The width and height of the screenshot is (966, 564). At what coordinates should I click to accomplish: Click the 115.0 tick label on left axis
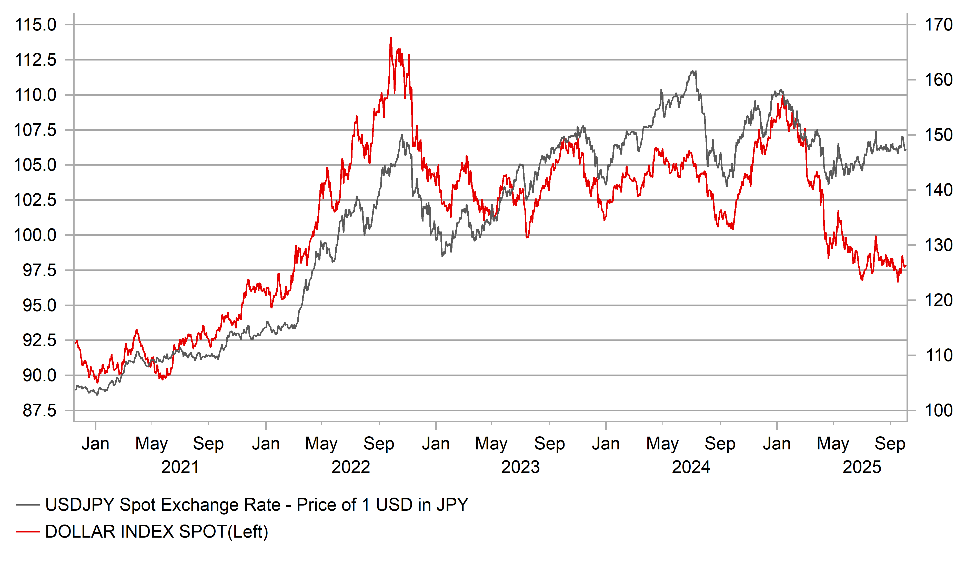click(35, 25)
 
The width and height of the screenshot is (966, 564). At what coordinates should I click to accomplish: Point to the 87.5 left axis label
click(39, 411)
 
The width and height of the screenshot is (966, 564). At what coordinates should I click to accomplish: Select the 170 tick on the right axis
click(938, 25)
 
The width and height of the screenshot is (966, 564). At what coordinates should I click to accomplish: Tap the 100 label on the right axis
click(938, 411)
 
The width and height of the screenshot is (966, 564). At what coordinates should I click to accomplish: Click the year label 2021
click(180, 467)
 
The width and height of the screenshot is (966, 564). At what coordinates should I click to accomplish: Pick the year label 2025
click(862, 467)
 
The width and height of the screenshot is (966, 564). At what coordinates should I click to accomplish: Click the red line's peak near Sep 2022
click(391, 38)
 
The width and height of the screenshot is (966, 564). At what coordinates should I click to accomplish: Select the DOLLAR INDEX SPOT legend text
click(156, 531)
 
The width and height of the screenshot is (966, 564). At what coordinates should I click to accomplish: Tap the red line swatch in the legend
click(28, 532)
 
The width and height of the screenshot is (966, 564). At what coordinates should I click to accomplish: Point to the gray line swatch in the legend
click(28, 505)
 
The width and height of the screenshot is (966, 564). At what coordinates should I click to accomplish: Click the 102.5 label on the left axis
click(35, 200)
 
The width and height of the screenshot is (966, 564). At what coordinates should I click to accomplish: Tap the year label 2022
click(350, 467)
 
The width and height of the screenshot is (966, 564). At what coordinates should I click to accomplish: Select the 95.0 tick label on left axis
click(39, 306)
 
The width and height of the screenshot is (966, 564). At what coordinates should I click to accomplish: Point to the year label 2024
click(691, 467)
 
